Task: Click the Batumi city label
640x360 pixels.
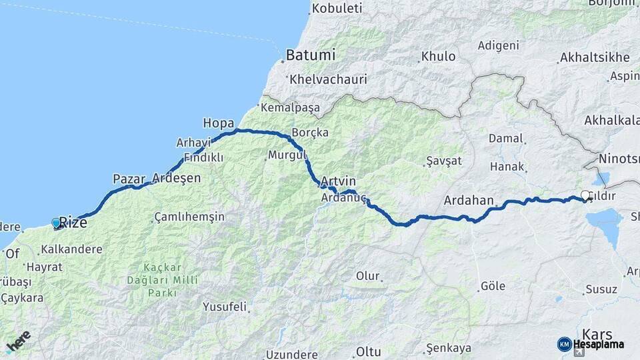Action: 310,55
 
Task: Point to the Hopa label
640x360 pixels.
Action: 218,123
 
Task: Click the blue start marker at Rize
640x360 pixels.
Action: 56,223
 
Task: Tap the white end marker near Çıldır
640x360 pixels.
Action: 585,195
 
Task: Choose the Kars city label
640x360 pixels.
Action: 597,333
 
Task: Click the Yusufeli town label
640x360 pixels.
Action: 224,307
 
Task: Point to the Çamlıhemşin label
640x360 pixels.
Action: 189,217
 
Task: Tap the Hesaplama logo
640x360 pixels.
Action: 591,344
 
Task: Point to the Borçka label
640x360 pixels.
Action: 309,133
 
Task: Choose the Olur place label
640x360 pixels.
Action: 367,276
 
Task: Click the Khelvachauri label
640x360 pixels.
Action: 328,79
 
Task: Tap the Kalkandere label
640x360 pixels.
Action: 71,250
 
